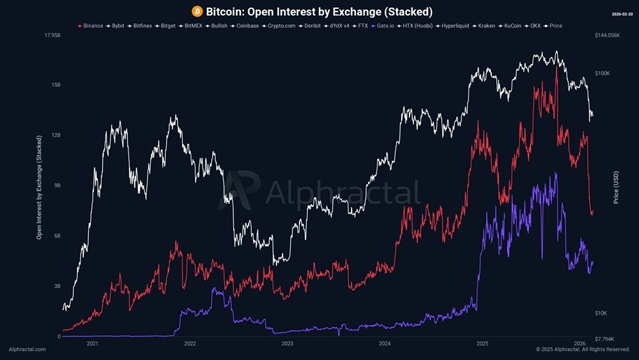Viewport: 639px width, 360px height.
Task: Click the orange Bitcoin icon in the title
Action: click(197, 12)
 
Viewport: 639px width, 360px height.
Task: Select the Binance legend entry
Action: click(90, 26)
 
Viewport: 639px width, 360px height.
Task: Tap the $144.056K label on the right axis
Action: click(607, 35)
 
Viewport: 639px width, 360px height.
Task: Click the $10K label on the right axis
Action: click(602, 313)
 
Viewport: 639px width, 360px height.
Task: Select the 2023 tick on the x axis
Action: click(288, 343)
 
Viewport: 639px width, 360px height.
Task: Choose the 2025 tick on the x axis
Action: click(482, 343)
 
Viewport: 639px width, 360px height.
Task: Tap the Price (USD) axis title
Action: click(616, 186)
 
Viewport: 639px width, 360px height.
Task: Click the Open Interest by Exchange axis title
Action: click(39, 187)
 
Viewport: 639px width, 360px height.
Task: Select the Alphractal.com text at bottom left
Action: click(27, 350)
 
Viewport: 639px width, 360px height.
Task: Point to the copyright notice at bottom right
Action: click(583, 350)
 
